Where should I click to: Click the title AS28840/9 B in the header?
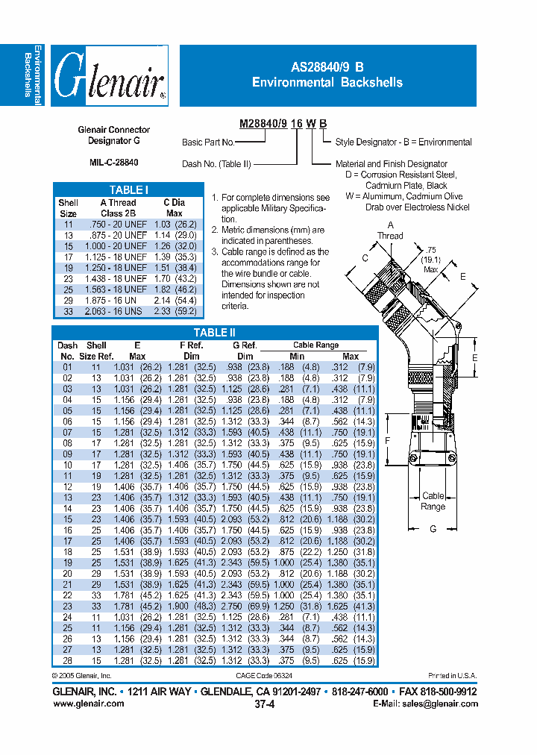pyautogui.click(x=327, y=66)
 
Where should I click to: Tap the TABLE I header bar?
pyautogui.click(x=128, y=190)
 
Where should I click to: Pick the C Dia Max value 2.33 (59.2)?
pyautogui.click(x=175, y=311)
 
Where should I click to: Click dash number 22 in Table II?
pyautogui.click(x=67, y=595)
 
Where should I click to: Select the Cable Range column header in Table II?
pyautogui.click(x=315, y=345)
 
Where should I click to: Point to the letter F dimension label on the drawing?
pyautogui.click(x=388, y=441)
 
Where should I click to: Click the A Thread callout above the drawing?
pyautogui.click(x=390, y=230)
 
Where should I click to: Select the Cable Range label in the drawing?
pyautogui.click(x=433, y=501)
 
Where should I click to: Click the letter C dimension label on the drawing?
pyautogui.click(x=365, y=258)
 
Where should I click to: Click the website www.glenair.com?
pyautogui.click(x=89, y=704)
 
